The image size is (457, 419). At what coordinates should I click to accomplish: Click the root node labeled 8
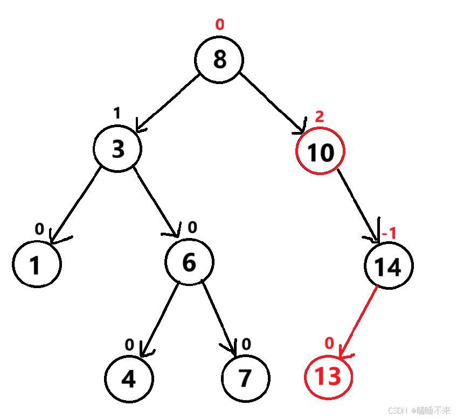click(219, 59)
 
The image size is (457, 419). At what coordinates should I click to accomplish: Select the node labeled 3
click(117, 149)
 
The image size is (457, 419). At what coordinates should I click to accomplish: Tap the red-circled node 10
click(320, 152)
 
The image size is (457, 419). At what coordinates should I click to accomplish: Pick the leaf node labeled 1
click(36, 265)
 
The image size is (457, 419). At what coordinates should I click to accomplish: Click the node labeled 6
click(189, 262)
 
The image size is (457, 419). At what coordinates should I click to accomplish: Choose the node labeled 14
click(389, 267)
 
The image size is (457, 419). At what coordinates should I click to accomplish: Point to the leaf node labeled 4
click(128, 379)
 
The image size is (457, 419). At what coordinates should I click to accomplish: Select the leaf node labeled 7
click(245, 379)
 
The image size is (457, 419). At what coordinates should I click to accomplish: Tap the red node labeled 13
click(328, 376)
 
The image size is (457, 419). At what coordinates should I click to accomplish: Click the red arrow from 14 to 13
click(358, 320)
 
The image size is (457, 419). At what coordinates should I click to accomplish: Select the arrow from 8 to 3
click(169, 103)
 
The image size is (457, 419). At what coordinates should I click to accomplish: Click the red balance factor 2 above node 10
click(319, 117)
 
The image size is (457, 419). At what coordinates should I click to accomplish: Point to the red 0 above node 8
click(219, 24)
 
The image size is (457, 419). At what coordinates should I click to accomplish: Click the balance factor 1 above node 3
click(116, 113)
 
